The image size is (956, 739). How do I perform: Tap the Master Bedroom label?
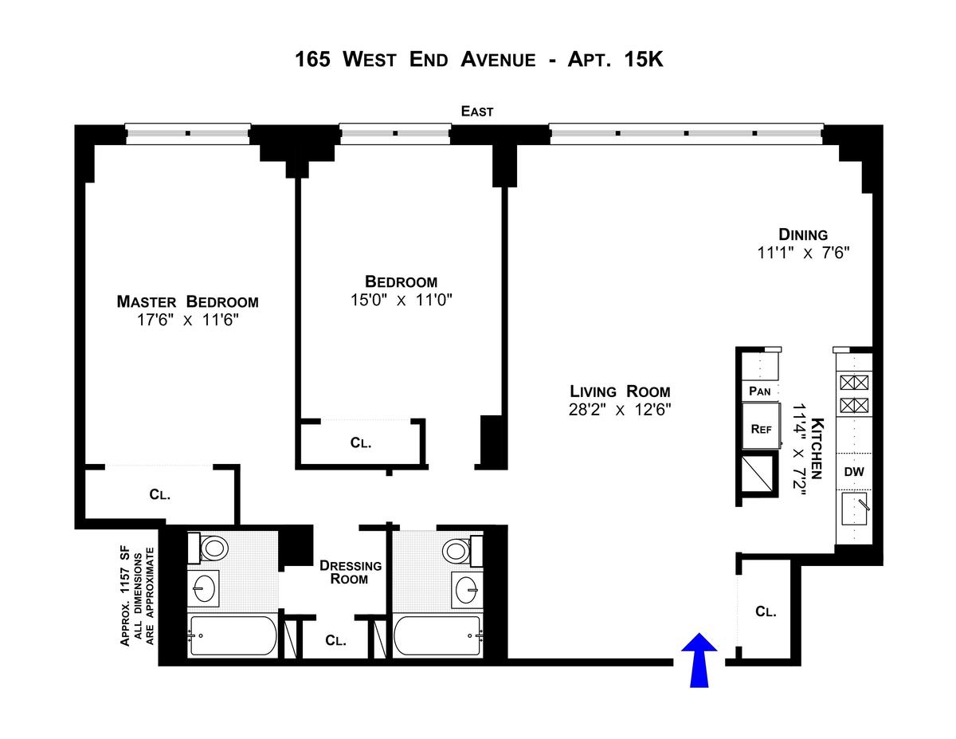click(x=187, y=301)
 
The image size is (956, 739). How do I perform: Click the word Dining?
click(x=803, y=234)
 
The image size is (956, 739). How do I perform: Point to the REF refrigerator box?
click(x=762, y=428)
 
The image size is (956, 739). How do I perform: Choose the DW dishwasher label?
click(x=854, y=471)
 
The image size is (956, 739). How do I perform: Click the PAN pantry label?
click(x=761, y=391)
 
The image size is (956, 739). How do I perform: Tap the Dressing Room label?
click(x=351, y=572)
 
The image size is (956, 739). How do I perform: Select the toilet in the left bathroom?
click(x=212, y=548)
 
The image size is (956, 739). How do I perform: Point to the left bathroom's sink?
click(x=206, y=588)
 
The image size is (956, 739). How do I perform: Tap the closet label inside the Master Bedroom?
click(x=160, y=494)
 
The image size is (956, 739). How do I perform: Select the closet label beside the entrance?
click(x=766, y=611)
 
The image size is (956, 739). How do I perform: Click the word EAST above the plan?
click(x=477, y=112)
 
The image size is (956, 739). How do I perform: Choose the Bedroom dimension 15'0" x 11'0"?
click(x=401, y=300)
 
